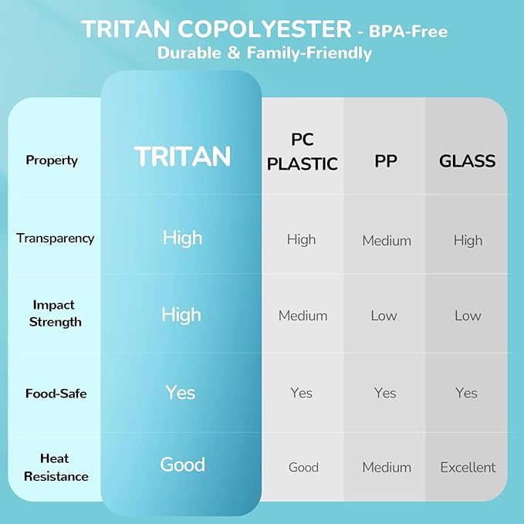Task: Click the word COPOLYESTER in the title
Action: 265,29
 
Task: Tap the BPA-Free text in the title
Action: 408,32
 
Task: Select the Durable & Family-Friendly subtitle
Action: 265,53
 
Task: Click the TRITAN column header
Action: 182,156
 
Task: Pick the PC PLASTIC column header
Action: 303,152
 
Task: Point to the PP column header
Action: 386,161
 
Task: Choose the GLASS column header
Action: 467,161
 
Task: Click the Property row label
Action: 52,161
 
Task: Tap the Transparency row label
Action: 56,238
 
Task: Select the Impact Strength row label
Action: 55,313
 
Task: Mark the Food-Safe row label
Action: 56,394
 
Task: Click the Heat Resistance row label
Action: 56,467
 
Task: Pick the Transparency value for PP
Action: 387,241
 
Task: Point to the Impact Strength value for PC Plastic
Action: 303,316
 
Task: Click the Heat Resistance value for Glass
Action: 468,467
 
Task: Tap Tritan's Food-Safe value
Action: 180,392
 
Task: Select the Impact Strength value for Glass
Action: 468,316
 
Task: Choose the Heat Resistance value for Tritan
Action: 182,465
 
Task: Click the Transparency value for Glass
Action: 468,241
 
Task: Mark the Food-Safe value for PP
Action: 385,393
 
